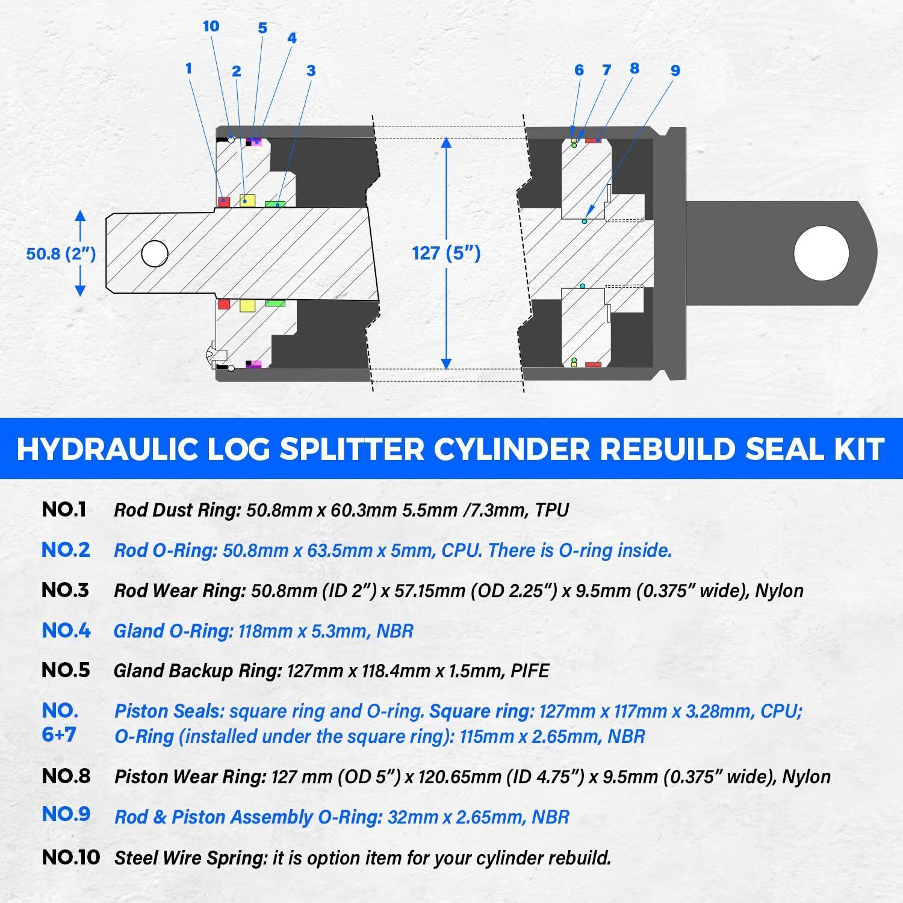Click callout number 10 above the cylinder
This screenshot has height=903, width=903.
tap(211, 26)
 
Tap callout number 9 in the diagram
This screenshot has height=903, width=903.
tap(675, 70)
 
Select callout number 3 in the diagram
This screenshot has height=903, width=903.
tap(311, 70)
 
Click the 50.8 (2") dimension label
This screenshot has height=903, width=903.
tap(61, 253)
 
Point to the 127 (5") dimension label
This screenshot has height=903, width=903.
tap(446, 253)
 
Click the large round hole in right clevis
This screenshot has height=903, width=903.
tap(821, 253)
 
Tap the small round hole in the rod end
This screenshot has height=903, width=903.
tap(155, 253)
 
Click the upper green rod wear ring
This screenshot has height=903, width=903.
tap(275, 204)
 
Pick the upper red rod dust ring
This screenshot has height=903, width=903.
tap(224, 201)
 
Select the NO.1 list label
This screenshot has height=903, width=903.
tap(64, 510)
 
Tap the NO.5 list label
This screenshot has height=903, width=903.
tap(66, 670)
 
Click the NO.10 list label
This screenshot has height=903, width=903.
tap(70, 857)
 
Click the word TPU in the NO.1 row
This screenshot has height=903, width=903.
tap(551, 510)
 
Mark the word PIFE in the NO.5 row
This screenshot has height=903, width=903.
tap(530, 671)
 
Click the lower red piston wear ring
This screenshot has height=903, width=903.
tap(593, 364)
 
